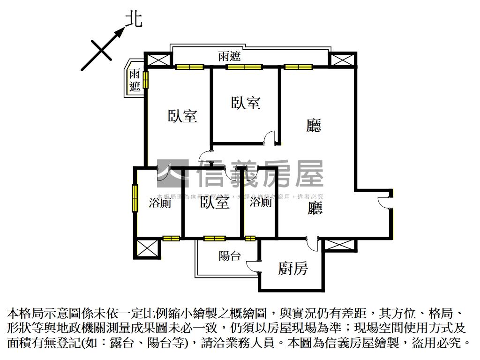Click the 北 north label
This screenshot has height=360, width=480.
(x=134, y=19)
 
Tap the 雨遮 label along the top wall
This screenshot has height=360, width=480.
(x=229, y=57)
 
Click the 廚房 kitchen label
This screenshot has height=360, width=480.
(x=293, y=269)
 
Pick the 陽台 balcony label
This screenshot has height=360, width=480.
(x=230, y=256)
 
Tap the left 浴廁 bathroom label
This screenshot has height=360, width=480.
(x=159, y=203)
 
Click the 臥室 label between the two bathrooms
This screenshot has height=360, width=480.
(x=215, y=203)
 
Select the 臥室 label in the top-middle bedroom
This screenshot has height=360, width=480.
(x=246, y=103)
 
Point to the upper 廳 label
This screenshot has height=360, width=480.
(x=314, y=126)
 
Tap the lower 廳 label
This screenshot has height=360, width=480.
(x=315, y=208)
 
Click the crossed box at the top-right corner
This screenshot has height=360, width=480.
(x=341, y=60)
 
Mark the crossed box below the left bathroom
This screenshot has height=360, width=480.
(x=147, y=248)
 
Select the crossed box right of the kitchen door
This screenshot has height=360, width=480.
(x=339, y=244)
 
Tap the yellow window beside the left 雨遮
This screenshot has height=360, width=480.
(x=146, y=80)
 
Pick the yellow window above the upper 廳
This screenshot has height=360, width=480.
(x=298, y=67)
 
